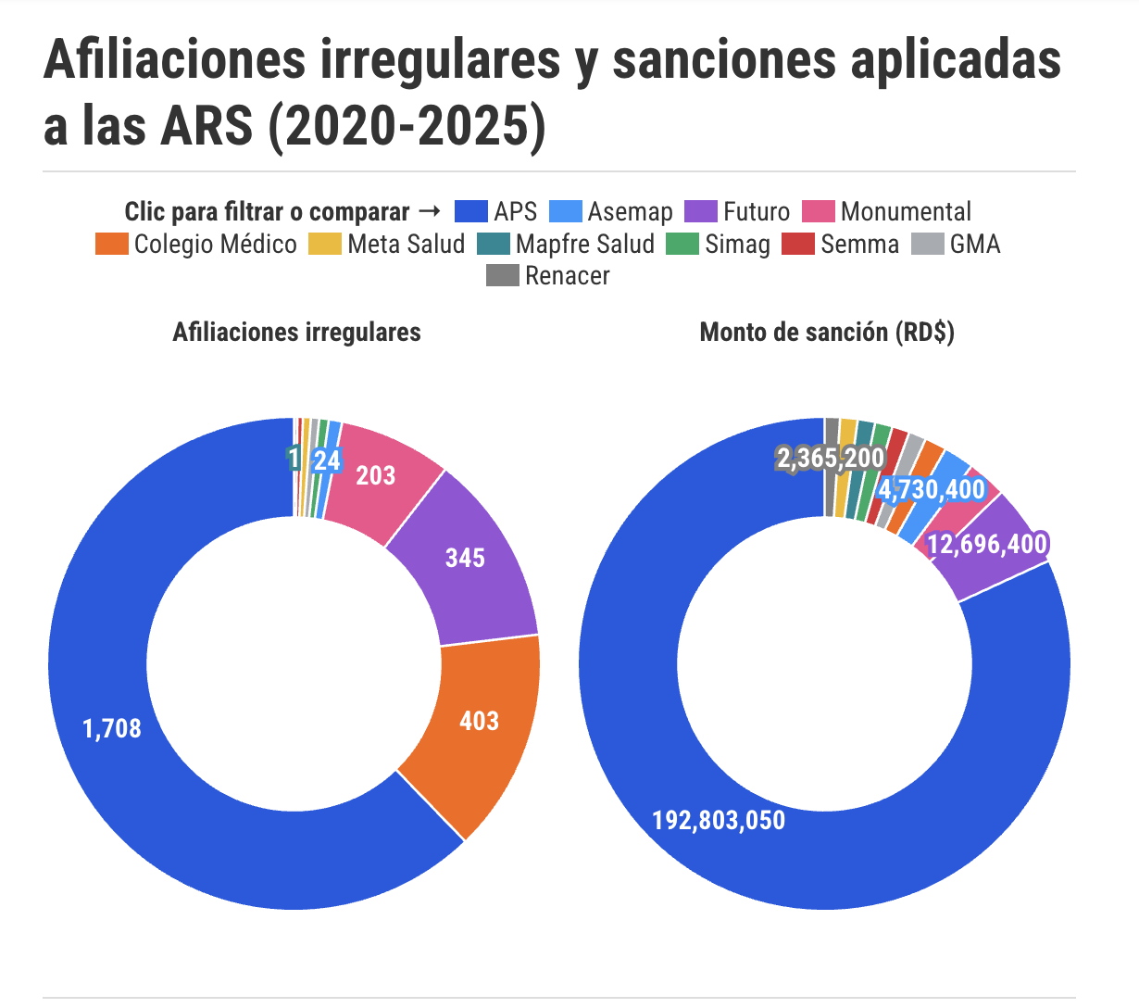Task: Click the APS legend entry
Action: click(496, 212)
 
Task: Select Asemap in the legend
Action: click(611, 212)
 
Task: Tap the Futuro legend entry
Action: click(738, 212)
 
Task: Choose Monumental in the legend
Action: click(887, 212)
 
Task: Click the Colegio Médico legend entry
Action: click(196, 245)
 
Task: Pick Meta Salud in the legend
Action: click(387, 245)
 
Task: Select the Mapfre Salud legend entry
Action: click(566, 245)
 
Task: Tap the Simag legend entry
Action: click(719, 245)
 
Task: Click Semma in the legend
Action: click(841, 245)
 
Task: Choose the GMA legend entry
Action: click(957, 245)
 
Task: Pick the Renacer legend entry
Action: click(548, 276)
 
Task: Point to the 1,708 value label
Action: click(112, 728)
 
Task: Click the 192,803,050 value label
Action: click(719, 821)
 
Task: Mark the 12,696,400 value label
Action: click(987, 544)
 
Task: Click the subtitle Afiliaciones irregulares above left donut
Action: click(296, 333)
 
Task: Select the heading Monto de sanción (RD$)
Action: click(827, 333)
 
